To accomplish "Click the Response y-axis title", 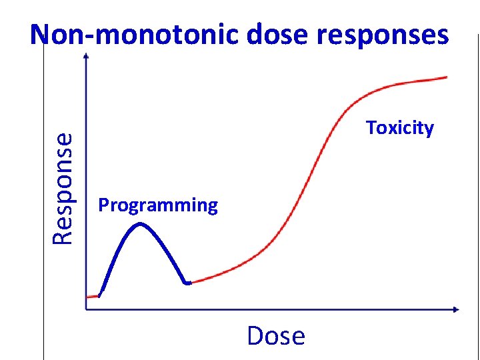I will coord(63,189).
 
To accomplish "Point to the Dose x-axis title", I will coord(275,336).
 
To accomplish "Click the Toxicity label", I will coord(399,128).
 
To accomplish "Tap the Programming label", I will coord(158,205).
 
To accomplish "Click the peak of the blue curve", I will coord(140,224).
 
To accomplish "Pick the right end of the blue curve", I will coord(189,283).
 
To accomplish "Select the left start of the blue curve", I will coord(100,294).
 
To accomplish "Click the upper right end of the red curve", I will coord(445,77).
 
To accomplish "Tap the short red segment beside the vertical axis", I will coord(93,296).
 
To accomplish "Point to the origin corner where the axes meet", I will coord(87,309).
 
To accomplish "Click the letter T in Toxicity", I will coord(371,127).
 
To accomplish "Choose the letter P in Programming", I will coord(103,205).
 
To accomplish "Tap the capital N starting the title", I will coord(41,35).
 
